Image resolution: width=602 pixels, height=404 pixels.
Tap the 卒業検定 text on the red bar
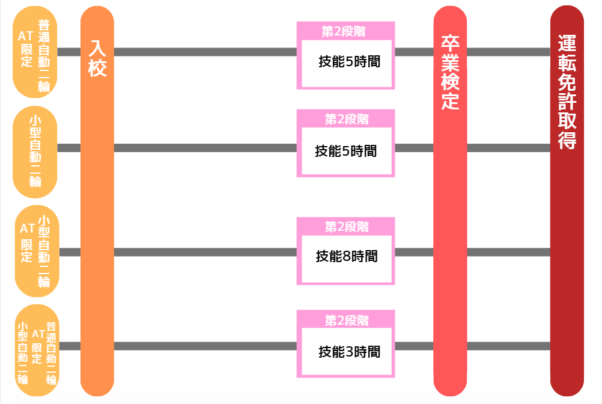[x=450, y=72]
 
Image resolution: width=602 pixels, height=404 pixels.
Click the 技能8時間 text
[x=347, y=257]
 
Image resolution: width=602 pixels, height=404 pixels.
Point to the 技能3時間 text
[x=349, y=351]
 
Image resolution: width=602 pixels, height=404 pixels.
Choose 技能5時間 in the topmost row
[x=349, y=61]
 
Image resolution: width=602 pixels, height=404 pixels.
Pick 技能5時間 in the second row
[x=346, y=151]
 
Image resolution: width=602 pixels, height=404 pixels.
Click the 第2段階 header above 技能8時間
[x=346, y=227]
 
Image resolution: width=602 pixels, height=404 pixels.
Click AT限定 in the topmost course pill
[x=26, y=49]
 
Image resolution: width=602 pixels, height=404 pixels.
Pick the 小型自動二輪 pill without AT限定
[x=35, y=152]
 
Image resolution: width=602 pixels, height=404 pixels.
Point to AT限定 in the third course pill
[x=26, y=242]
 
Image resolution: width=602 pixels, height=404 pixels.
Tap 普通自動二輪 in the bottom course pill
[x=52, y=353]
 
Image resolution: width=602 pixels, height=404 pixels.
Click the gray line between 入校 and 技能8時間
[x=205, y=252]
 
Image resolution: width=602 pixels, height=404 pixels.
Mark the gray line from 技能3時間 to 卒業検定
[x=414, y=346]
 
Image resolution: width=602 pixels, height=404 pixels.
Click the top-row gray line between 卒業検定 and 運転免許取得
[x=508, y=52]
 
